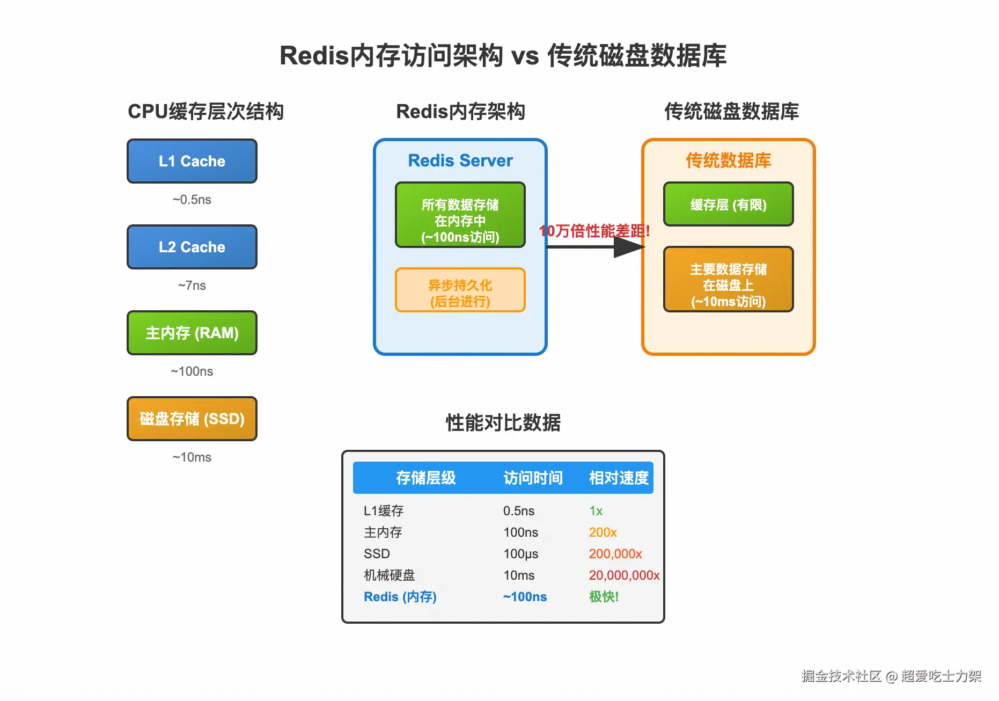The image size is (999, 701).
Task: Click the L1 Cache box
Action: (192, 161)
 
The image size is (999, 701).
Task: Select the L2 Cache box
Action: (192, 247)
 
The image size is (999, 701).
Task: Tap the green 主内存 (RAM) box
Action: (192, 333)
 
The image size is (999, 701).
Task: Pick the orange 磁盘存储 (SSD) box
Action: (192, 419)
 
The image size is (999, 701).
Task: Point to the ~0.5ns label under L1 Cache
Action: (192, 200)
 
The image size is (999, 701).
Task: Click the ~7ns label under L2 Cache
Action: (192, 286)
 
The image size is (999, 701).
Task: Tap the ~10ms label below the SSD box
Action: (192, 457)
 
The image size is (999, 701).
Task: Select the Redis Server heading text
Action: (460, 160)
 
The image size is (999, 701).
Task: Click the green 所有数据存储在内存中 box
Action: (460, 215)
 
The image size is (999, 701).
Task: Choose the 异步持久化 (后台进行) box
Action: (460, 290)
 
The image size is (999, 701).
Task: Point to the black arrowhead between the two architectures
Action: (629, 247)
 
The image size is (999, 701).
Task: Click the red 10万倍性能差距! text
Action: (594, 231)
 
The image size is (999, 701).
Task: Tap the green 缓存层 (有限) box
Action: (729, 204)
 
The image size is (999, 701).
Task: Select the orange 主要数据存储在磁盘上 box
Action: (729, 279)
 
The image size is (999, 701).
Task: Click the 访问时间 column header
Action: (533, 478)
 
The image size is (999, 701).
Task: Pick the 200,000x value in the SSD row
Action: (615, 554)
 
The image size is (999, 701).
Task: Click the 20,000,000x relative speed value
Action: (625, 575)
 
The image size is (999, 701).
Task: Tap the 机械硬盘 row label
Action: (390, 575)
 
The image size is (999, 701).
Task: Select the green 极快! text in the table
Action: (604, 597)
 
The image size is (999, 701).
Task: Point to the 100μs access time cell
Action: (521, 554)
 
